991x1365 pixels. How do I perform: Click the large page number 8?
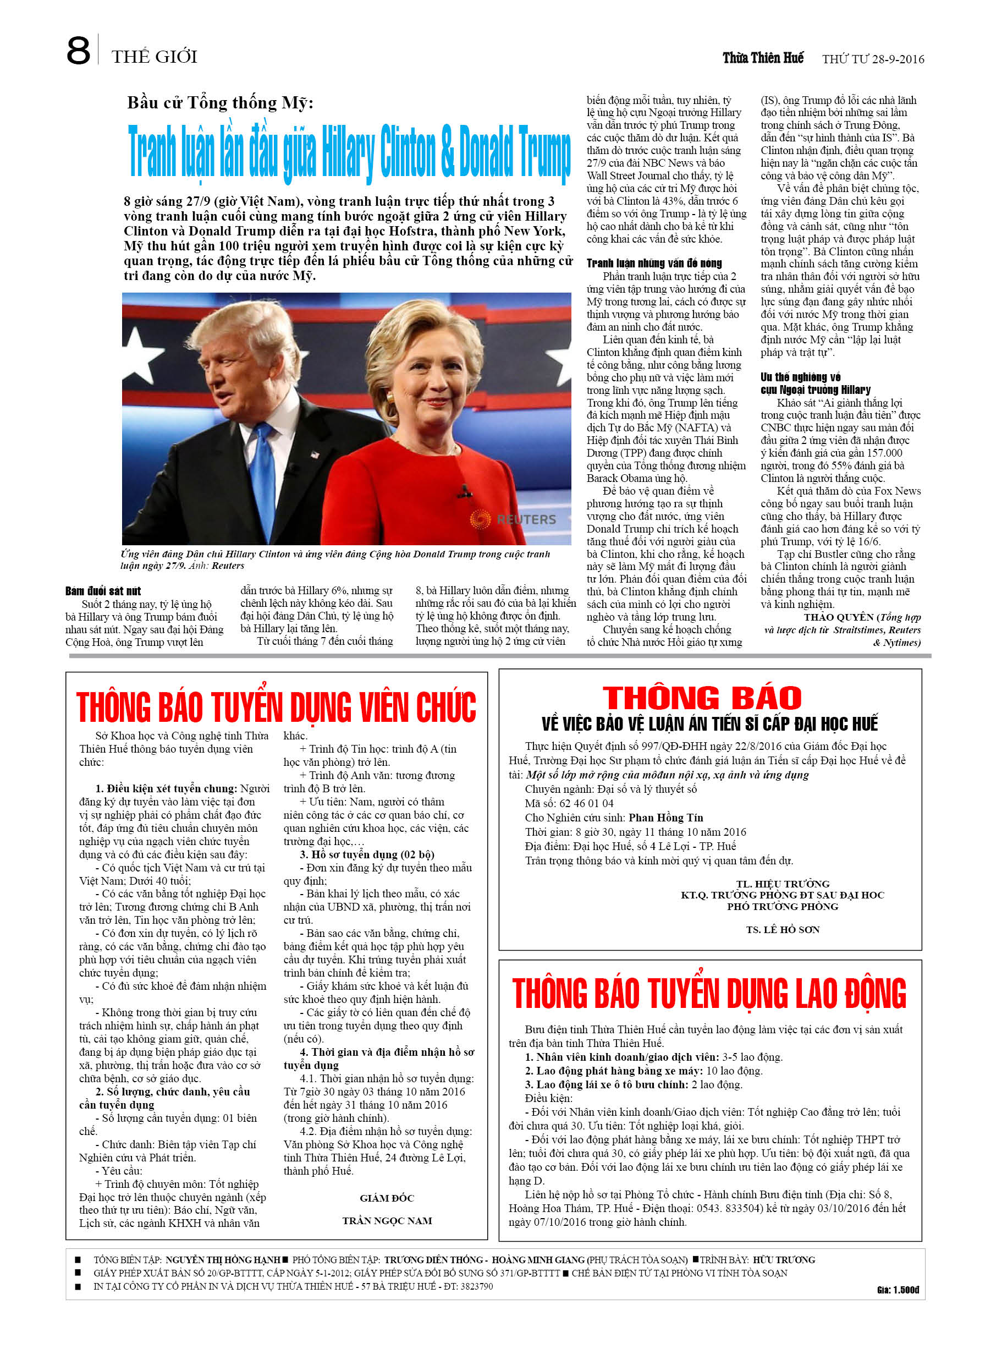click(x=78, y=51)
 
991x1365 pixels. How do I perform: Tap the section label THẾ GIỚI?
click(x=154, y=57)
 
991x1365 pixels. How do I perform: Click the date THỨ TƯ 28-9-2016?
click(x=872, y=59)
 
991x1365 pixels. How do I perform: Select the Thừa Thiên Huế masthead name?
click(x=762, y=58)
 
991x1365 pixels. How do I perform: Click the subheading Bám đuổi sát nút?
click(x=103, y=591)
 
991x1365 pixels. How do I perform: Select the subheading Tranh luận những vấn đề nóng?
click(x=653, y=263)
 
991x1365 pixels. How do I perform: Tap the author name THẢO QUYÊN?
click(x=839, y=617)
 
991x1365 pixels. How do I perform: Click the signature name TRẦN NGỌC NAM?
click(x=387, y=1220)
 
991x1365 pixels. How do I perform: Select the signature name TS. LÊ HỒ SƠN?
click(x=782, y=930)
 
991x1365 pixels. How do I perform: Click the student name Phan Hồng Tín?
click(x=665, y=818)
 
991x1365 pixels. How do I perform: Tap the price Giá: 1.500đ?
click(x=897, y=1290)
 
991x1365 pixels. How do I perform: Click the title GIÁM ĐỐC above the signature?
click(x=387, y=1198)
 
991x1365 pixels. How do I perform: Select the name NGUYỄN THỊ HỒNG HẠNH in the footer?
click(x=223, y=1260)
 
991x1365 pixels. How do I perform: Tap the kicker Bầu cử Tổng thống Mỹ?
click(x=219, y=103)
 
